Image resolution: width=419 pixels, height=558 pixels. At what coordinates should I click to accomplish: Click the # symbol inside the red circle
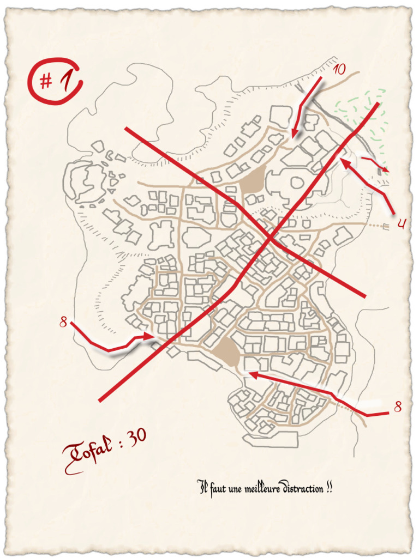(x=46, y=82)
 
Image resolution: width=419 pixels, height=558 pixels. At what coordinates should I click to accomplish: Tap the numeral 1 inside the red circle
(x=67, y=81)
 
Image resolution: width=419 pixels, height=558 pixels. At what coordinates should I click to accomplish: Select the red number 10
(x=339, y=69)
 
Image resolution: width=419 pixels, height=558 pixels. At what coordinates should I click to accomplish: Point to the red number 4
(x=401, y=223)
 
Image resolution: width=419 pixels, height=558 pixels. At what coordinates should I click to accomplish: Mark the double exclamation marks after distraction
(x=328, y=487)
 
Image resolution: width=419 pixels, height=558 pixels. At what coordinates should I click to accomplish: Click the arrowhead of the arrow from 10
(x=294, y=135)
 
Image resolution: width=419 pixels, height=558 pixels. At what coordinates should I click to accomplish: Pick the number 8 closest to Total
(x=63, y=323)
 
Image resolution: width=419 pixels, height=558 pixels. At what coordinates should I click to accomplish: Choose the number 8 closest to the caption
(x=398, y=407)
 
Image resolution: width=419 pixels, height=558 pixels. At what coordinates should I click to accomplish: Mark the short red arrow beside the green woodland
(x=376, y=164)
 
